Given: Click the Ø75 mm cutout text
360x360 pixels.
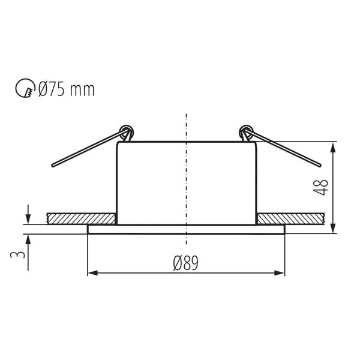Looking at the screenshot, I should pyautogui.click(x=66, y=90).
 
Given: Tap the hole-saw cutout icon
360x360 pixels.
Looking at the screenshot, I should pyautogui.click(x=25, y=90).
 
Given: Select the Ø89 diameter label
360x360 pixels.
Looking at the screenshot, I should pyautogui.click(x=185, y=263).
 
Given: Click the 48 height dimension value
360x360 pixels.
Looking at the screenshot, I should pyautogui.click(x=325, y=187).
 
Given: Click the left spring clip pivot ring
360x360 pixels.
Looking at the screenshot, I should pyautogui.click(x=125, y=130).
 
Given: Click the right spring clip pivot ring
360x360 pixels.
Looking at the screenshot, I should pyautogui.click(x=245, y=130).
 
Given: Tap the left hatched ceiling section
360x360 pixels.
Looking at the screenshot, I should pyautogui.click(x=80, y=218).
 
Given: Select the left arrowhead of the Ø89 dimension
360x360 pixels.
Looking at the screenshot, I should pyautogui.click(x=92, y=274).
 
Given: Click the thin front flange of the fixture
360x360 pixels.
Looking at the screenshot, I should pyautogui.click(x=186, y=229).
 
